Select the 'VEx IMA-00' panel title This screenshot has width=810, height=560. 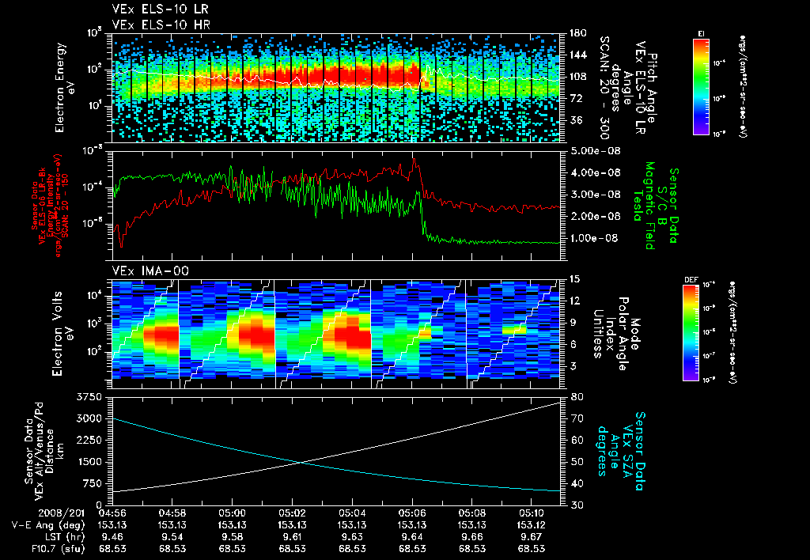tap(145, 271)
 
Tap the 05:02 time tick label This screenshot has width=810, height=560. tap(292, 513)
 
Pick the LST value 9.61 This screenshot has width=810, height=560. tap(292, 535)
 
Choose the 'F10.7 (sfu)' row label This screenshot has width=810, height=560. tap(32, 547)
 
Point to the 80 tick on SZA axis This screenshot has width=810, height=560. tap(577, 396)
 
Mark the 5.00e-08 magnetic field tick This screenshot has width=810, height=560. tap(592, 150)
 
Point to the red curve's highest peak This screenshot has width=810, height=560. tap(413, 160)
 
